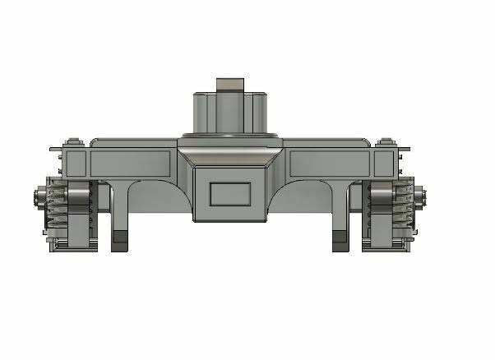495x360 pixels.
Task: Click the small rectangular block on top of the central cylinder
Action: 230,85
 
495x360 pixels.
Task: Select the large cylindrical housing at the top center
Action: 230,113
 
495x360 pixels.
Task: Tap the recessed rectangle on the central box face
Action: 230,194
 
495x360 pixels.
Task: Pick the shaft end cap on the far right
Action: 422,197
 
